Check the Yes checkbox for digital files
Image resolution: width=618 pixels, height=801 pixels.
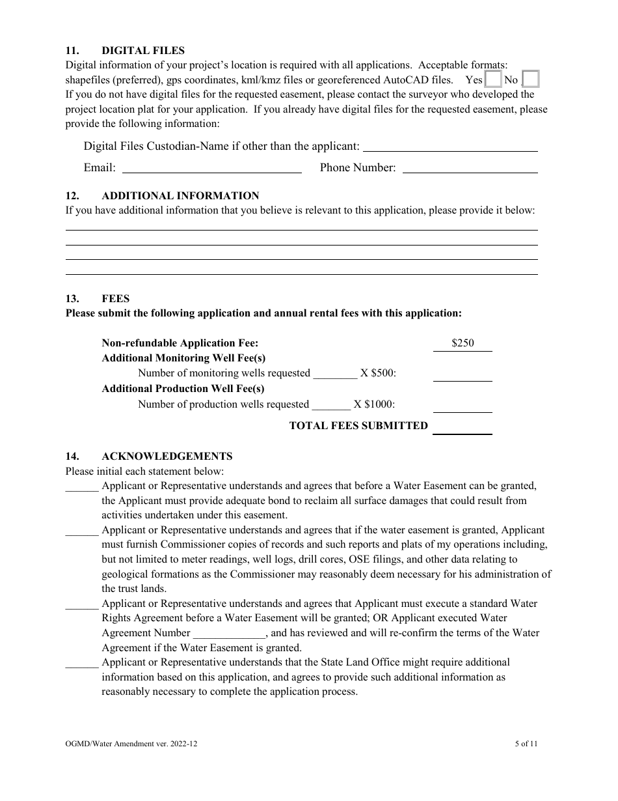[x=494, y=79]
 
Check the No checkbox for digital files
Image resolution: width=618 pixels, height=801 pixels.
[x=531, y=79]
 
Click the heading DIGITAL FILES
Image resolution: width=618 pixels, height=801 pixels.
[x=143, y=50]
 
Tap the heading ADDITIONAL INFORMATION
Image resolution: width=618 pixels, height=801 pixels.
[x=180, y=195]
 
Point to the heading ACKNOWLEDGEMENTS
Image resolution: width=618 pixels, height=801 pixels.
[x=167, y=457]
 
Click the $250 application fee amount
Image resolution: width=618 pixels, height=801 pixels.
[x=463, y=343]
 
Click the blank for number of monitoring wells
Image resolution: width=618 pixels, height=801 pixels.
[x=335, y=374]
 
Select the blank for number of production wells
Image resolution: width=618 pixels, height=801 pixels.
[x=331, y=405]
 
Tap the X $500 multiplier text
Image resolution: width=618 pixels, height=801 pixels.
[x=378, y=373]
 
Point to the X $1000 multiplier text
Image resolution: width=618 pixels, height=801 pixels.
[x=374, y=404]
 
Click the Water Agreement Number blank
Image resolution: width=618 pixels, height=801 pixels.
[x=230, y=634]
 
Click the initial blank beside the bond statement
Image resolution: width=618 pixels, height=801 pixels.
[x=82, y=486]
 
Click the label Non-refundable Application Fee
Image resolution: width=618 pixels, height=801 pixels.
[x=180, y=343]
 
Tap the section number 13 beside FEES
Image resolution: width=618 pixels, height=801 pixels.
[x=72, y=299]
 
